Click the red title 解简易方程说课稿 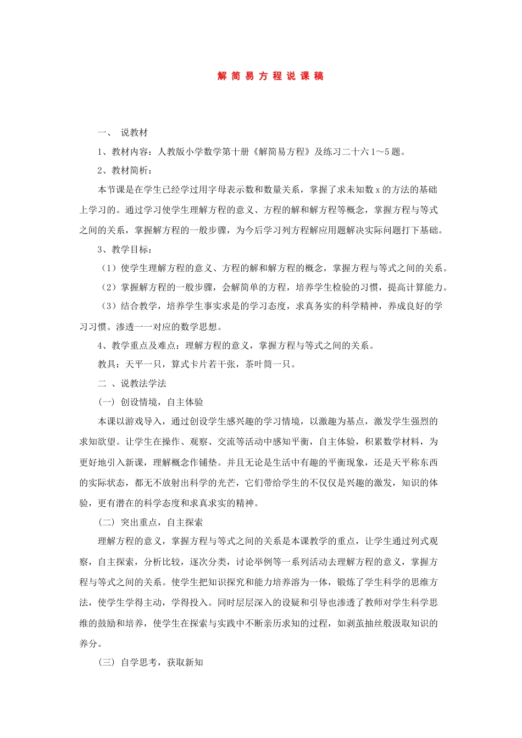pyautogui.click(x=270, y=76)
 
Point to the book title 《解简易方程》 pyautogui.click(x=282, y=152)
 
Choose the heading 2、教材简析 pyautogui.click(x=125, y=170)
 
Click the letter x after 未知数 pyautogui.click(x=377, y=190)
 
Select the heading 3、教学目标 pyautogui.click(x=125, y=249)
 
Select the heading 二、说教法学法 pyautogui.click(x=132, y=383)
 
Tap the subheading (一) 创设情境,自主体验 pyautogui.click(x=151, y=402)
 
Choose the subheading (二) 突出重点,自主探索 pyautogui.click(x=151, y=522)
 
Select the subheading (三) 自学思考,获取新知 pyautogui.click(x=151, y=662)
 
